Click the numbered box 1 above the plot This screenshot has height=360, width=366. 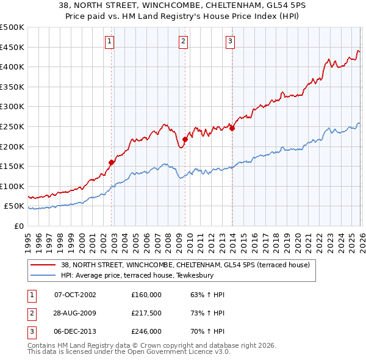pos(109,41)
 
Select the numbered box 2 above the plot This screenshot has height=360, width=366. pos(183,41)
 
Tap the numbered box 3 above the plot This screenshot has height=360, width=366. pos(230,41)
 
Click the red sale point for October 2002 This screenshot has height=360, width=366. pos(112,162)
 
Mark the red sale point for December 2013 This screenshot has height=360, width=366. pos(232,128)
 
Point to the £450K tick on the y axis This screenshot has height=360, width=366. pos(12,47)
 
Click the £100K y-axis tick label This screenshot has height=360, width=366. pos(12,186)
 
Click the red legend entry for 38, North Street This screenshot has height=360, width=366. pos(185,265)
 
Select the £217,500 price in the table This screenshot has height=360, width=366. pos(146,313)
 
